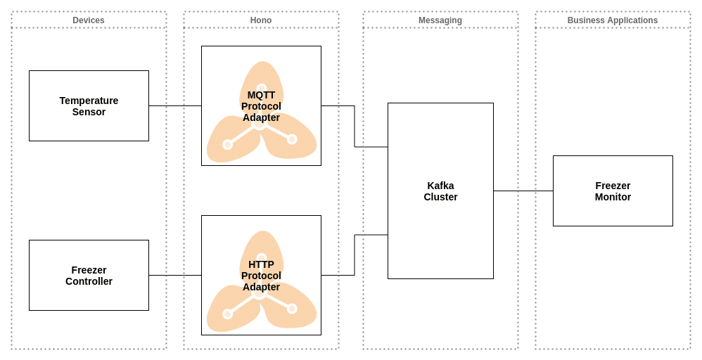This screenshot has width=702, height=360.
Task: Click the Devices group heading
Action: (89, 20)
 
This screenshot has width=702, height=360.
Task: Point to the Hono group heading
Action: (261, 20)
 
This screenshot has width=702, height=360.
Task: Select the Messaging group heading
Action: (440, 20)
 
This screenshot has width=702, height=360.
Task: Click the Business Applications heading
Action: (613, 20)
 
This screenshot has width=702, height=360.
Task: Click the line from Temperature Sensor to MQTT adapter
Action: (175, 106)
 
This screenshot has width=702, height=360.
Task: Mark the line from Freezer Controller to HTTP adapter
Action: (175, 276)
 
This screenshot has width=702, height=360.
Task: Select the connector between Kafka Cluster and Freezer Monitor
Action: (523, 191)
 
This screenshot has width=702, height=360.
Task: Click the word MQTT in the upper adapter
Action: (261, 95)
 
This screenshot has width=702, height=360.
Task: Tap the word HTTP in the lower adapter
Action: (261, 264)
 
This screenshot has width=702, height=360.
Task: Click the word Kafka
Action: (440, 186)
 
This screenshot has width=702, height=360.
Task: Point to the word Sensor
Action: (89, 112)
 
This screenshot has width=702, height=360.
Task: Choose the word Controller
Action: (89, 281)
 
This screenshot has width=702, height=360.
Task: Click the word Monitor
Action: (613, 197)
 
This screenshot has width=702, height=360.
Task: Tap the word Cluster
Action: (440, 197)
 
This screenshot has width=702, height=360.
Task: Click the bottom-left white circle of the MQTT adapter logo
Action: (227, 145)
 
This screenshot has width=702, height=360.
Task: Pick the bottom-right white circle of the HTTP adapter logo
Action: (292, 309)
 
